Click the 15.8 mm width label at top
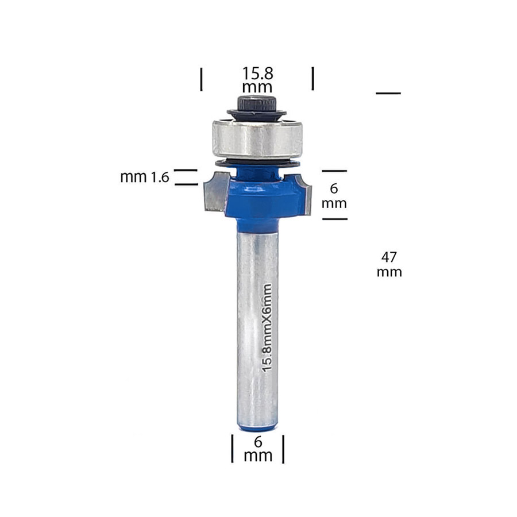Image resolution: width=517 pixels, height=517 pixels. pyautogui.click(x=257, y=80)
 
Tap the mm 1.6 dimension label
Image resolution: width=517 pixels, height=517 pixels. pyautogui.click(x=145, y=178)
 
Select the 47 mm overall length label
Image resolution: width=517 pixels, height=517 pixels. pyautogui.click(x=389, y=264)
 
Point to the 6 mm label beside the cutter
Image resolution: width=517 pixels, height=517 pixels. pyautogui.click(x=334, y=196)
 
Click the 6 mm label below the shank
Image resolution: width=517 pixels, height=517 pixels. pyautogui.click(x=258, y=449)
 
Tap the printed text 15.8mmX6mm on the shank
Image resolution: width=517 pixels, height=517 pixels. pyautogui.click(x=267, y=328)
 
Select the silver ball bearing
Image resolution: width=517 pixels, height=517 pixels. pyautogui.click(x=257, y=138)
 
